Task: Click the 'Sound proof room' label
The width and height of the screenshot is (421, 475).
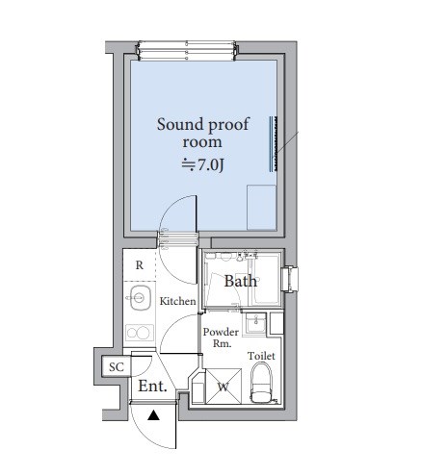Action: click(x=202, y=133)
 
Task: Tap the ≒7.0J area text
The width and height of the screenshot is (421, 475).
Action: click(x=202, y=165)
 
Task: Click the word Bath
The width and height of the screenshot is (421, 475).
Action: click(x=241, y=281)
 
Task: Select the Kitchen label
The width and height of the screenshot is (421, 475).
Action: click(x=177, y=301)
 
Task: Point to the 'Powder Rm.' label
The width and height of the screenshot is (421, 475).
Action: click(x=221, y=337)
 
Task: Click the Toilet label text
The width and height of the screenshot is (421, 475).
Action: click(x=261, y=356)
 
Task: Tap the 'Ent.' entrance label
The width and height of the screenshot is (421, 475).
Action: click(x=152, y=387)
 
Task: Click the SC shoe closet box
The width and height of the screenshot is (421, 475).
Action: click(x=116, y=366)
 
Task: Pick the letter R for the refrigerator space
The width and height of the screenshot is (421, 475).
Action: click(x=140, y=265)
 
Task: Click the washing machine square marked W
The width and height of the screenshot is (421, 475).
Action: click(x=224, y=387)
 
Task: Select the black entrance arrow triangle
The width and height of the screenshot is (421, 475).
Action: click(x=153, y=415)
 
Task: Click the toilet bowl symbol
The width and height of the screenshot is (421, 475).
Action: click(x=261, y=383)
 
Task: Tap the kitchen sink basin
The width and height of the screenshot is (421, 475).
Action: click(x=141, y=298)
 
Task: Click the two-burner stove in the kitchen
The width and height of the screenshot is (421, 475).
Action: click(x=140, y=333)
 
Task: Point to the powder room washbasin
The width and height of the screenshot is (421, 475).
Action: click(x=256, y=323)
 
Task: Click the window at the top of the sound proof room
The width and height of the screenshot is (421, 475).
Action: click(x=187, y=51)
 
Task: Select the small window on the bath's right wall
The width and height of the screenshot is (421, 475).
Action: click(x=290, y=279)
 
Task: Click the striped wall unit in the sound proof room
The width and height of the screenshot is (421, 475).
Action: click(x=274, y=144)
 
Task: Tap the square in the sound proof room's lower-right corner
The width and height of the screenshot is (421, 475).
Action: click(x=261, y=207)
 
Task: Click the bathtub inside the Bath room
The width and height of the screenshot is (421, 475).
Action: click(x=265, y=280)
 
